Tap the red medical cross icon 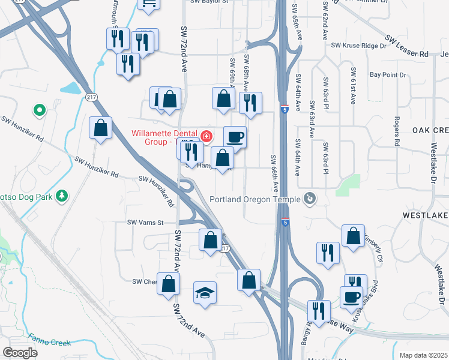coord(206,137)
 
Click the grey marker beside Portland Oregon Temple coord(310,197)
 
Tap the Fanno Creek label coord(50,343)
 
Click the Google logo coord(20,353)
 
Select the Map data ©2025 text coord(423,355)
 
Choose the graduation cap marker coord(205,293)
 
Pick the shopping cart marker coord(148,5)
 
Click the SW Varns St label coord(145,223)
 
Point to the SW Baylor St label coord(209,2)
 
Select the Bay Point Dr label coord(388,75)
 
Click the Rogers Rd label coord(396,131)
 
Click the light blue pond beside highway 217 coord(70,89)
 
